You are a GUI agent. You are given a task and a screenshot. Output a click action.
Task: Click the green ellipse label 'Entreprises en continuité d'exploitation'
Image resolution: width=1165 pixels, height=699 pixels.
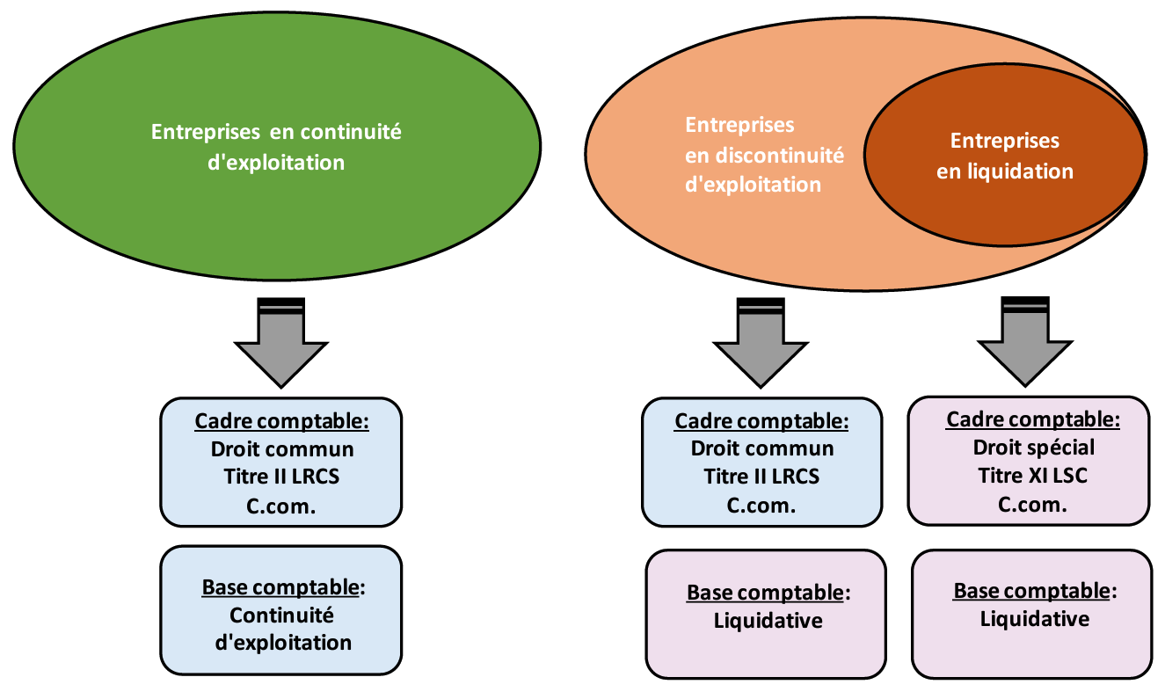(276, 147)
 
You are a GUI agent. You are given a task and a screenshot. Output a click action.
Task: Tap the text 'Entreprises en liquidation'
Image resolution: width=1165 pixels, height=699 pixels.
(1005, 156)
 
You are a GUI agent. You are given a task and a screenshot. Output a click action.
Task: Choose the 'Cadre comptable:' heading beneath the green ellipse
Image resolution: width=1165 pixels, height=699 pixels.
(282, 420)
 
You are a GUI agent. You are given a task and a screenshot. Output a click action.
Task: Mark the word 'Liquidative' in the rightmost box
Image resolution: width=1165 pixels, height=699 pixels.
(1034, 619)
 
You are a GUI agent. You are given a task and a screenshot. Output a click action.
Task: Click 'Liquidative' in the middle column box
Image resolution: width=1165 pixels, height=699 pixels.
(768, 621)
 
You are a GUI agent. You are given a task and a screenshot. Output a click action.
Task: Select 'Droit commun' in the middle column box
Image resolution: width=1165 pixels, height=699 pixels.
(761, 448)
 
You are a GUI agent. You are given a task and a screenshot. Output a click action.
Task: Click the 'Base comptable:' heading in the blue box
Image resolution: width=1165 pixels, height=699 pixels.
(282, 587)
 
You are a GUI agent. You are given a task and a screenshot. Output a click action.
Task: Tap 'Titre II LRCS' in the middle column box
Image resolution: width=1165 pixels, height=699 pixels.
(761, 477)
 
